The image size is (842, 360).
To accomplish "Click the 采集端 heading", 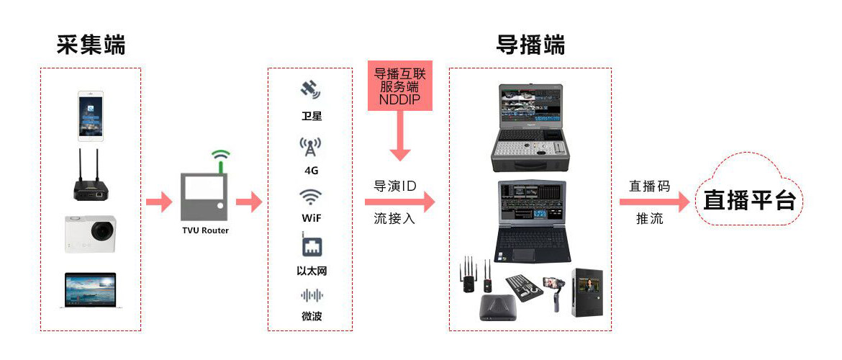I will [x=91, y=45].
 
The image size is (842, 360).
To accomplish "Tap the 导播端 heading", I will [x=530, y=45].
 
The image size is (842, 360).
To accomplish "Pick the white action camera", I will [x=91, y=233].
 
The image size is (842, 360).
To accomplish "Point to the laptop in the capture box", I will [x=91, y=289].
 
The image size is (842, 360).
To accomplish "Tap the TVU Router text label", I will [x=205, y=230].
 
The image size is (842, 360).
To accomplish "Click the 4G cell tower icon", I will [x=310, y=147].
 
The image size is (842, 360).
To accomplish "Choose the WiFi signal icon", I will [x=310, y=197].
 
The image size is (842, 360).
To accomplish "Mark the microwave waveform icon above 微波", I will [x=311, y=295].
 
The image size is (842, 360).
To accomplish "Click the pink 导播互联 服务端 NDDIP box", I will [x=400, y=85].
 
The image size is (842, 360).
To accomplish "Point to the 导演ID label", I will [x=394, y=186].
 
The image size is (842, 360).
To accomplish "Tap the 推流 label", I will [x=649, y=219].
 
